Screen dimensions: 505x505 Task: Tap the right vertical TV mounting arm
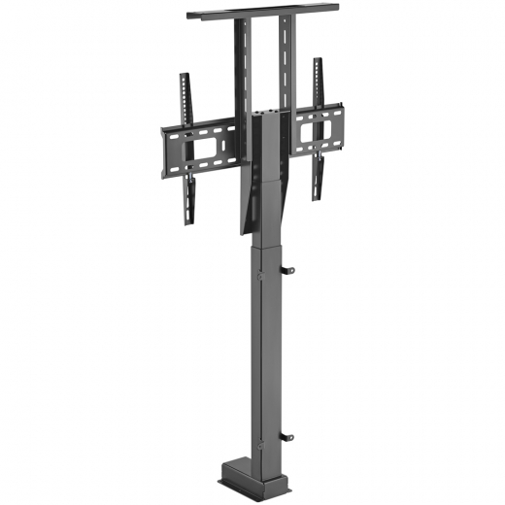(x=317, y=126)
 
